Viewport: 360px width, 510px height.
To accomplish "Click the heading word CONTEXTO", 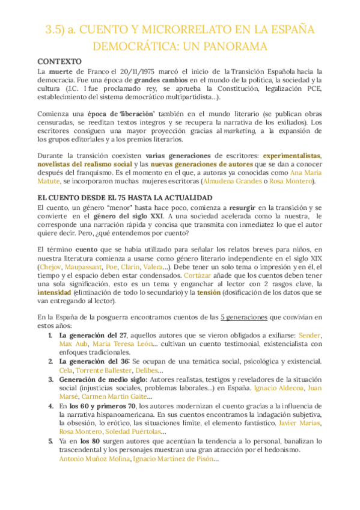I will point(58,62).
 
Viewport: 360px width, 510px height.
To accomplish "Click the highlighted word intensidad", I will point(56,292).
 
